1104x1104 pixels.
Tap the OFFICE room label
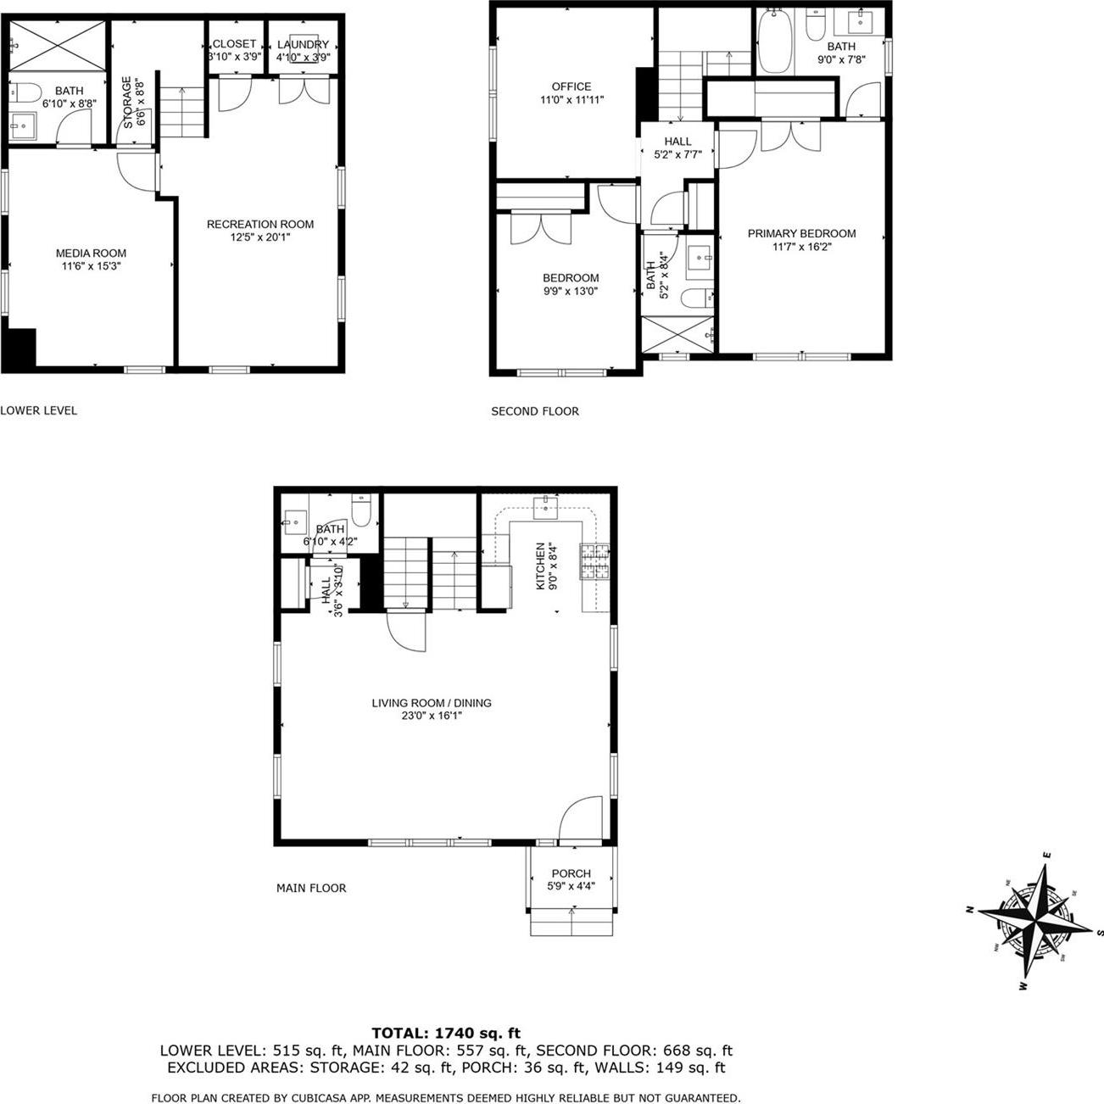pyautogui.click(x=571, y=86)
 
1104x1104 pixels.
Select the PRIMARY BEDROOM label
pyautogui.click(x=801, y=233)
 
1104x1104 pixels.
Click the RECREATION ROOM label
pyautogui.click(x=260, y=224)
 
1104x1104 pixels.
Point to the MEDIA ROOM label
pyautogui.click(x=91, y=253)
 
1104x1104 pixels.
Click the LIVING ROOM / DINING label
pyautogui.click(x=432, y=702)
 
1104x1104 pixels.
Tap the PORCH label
pyautogui.click(x=571, y=873)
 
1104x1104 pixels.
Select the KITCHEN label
pyautogui.click(x=539, y=566)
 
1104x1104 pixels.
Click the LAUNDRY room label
pyautogui.click(x=303, y=44)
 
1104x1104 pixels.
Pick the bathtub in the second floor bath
pyautogui.click(x=774, y=42)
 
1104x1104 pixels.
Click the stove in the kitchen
pyautogui.click(x=594, y=560)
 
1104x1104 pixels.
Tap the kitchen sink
pyautogui.click(x=544, y=507)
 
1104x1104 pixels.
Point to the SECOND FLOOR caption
pyautogui.click(x=535, y=411)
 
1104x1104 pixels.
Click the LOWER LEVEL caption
pyautogui.click(x=39, y=410)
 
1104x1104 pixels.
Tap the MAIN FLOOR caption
pyautogui.click(x=311, y=888)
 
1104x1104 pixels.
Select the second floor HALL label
pyautogui.click(x=677, y=142)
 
